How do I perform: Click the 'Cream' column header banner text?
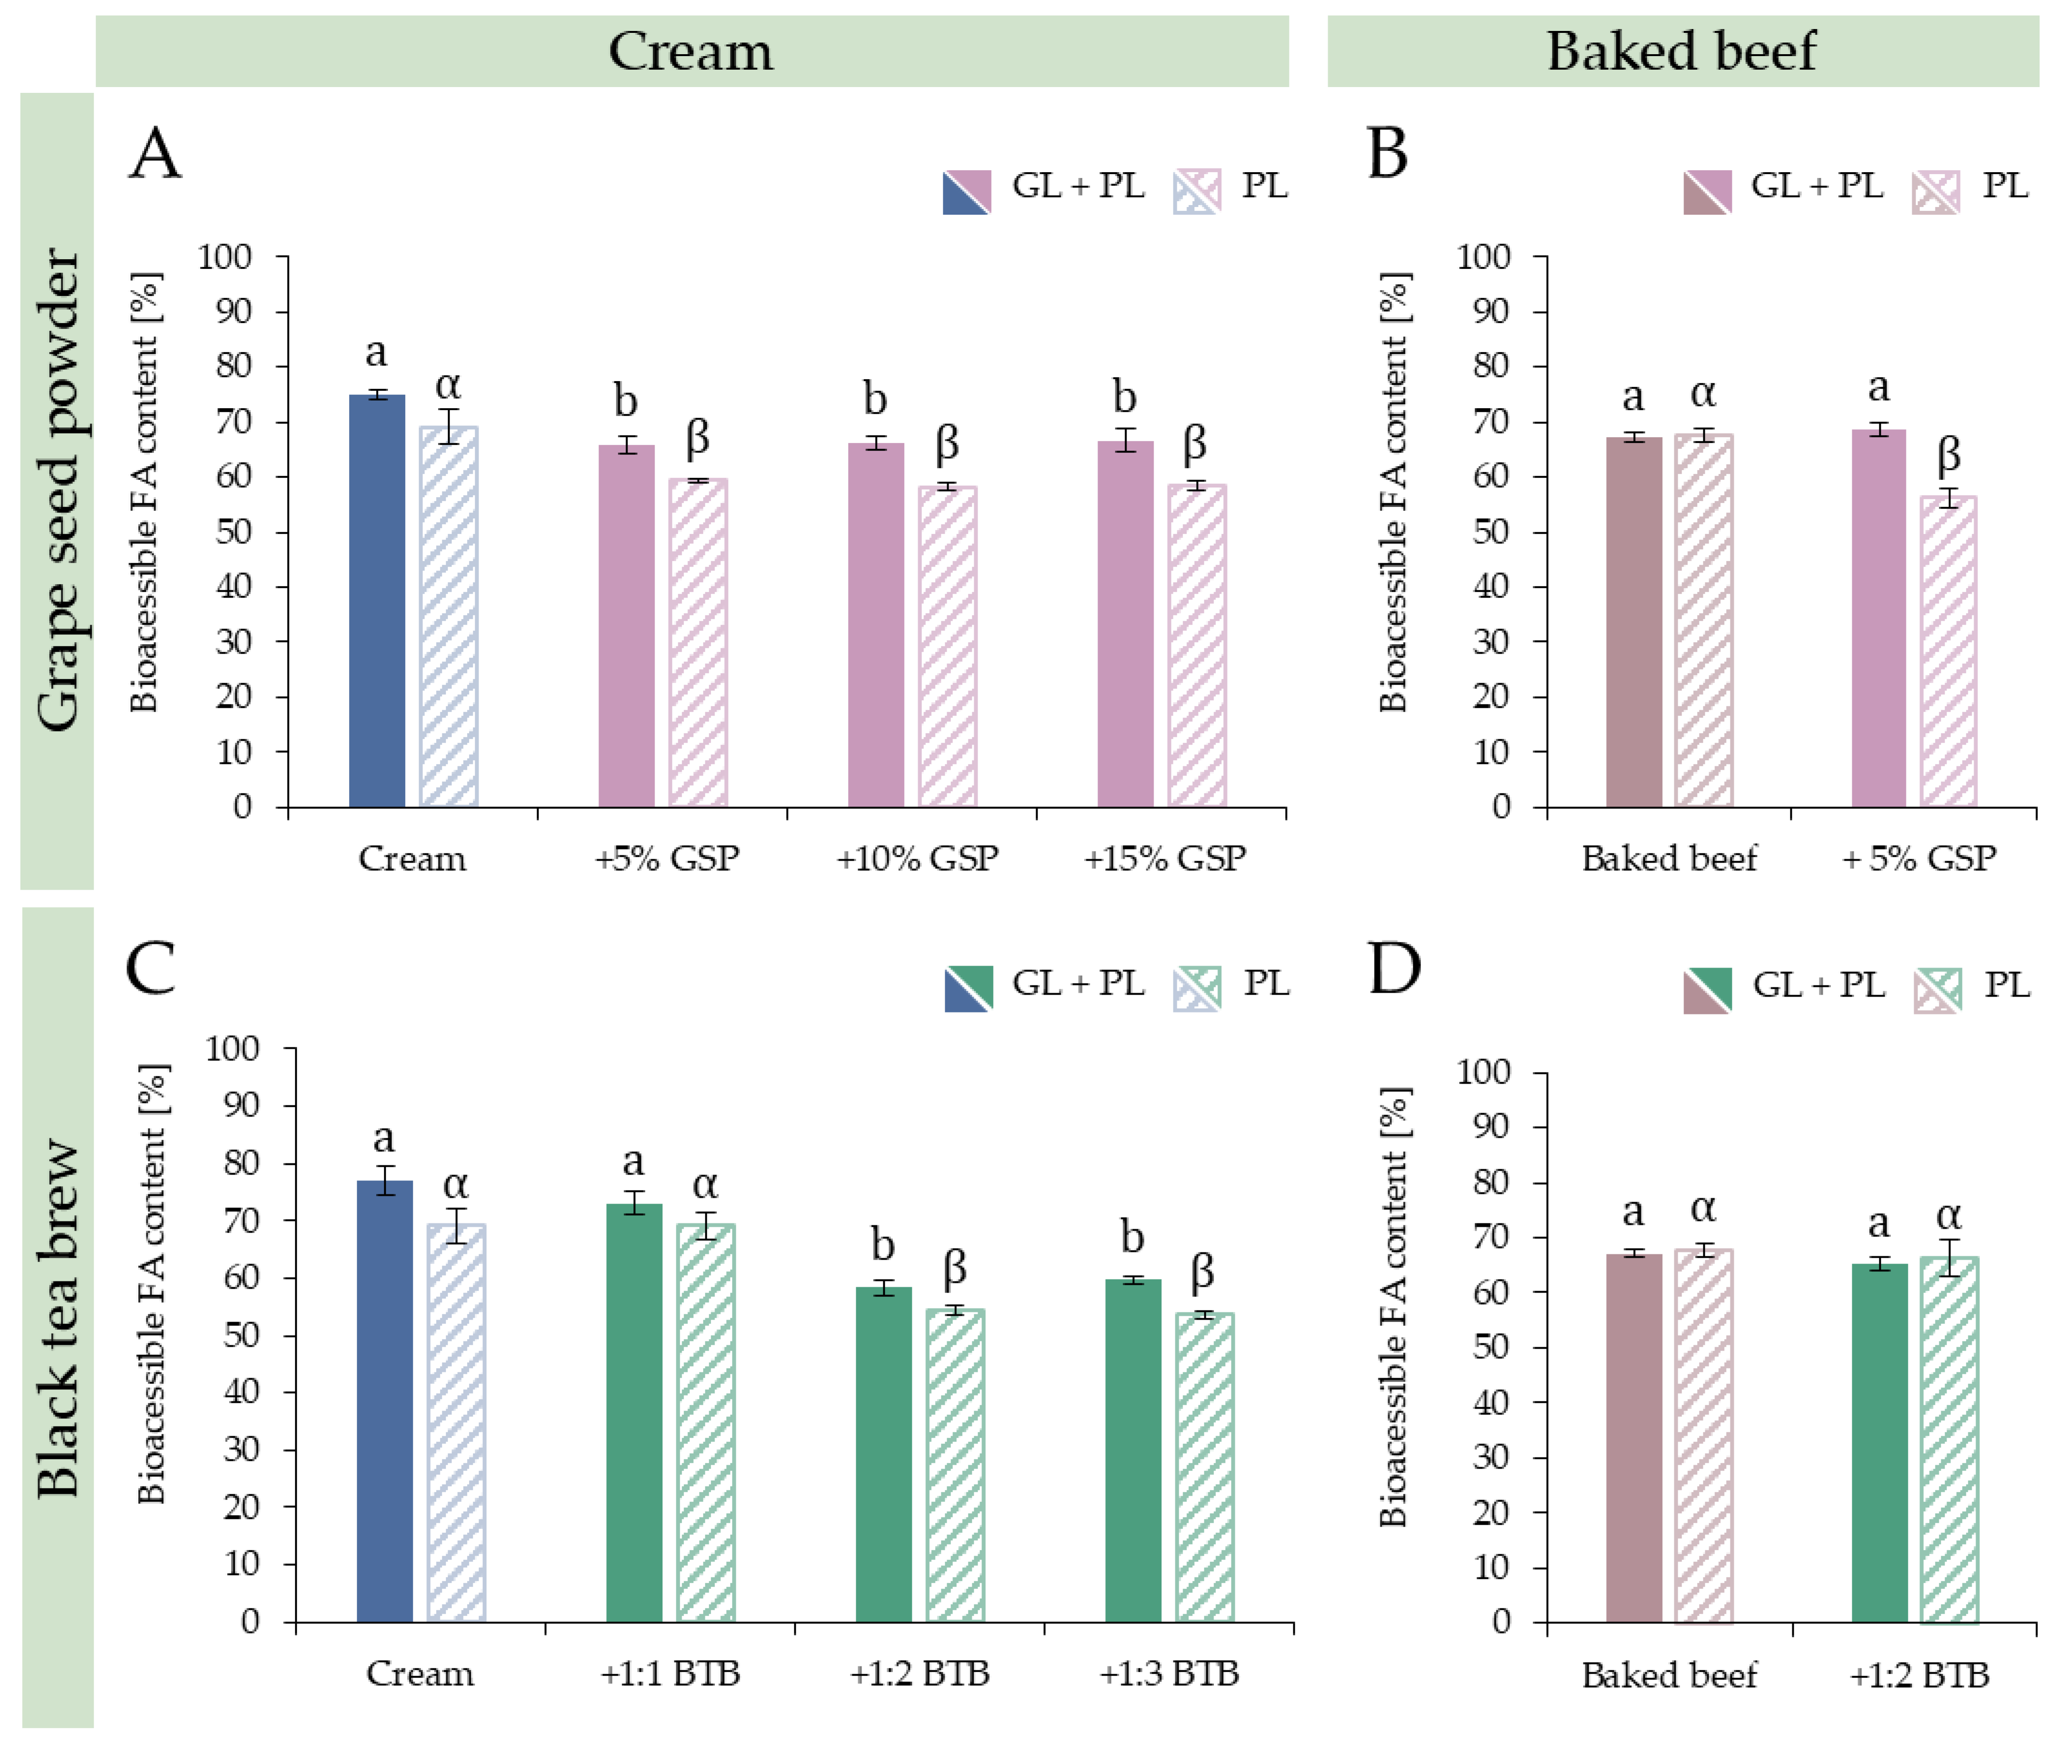tap(690, 52)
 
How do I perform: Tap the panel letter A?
tap(156, 155)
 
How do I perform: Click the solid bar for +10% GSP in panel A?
tap(876, 624)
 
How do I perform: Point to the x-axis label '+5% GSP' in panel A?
tap(666, 858)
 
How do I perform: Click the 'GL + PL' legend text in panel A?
tap(1078, 185)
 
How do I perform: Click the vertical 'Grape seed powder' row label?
tap(58, 490)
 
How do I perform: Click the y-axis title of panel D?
tap(1393, 1308)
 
